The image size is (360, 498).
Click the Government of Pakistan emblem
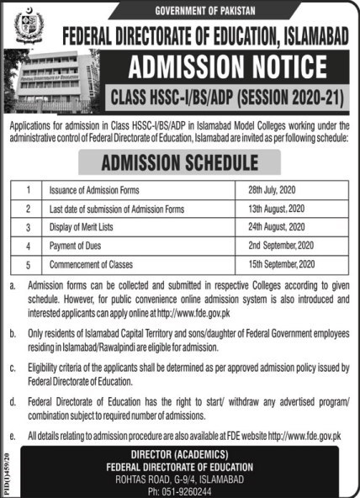[27, 27]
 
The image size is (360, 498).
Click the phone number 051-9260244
[180, 490]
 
